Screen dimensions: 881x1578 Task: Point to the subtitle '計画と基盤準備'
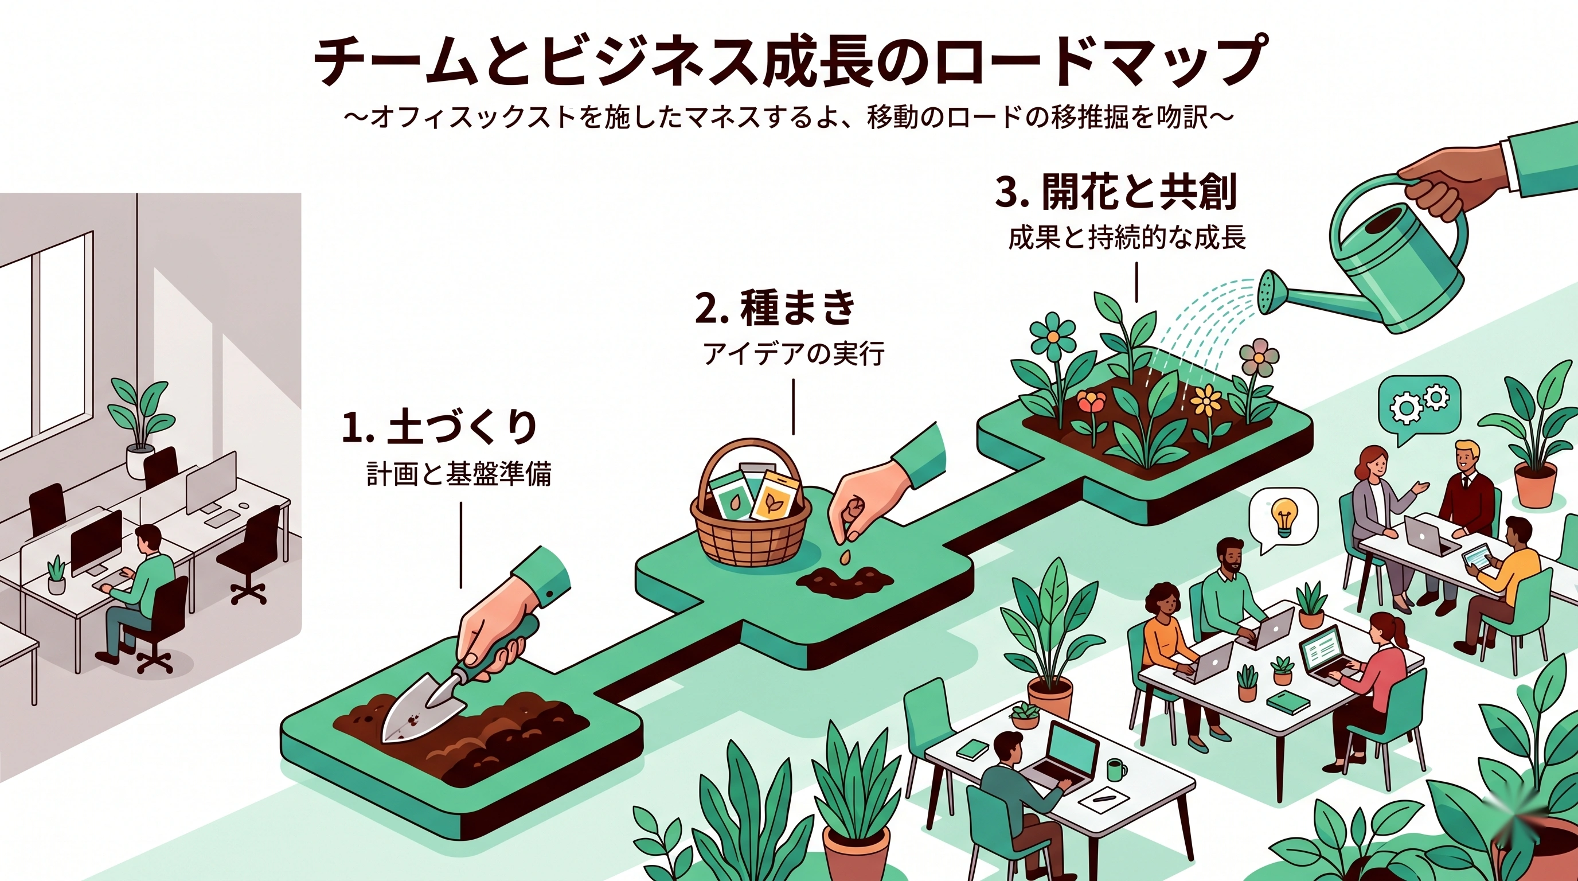[459, 474]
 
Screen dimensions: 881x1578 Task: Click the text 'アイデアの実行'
[793, 354]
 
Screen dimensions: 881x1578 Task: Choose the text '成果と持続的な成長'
[1127, 237]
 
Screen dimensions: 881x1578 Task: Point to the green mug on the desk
[1115, 770]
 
